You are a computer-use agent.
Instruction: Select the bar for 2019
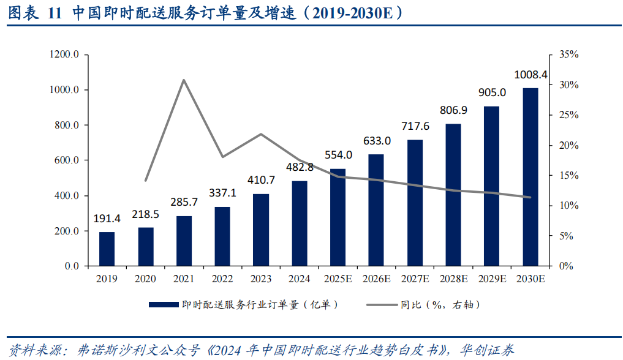107,249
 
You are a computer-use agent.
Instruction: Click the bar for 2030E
530,178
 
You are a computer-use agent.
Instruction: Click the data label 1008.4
530,75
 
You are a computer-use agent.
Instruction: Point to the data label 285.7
184,202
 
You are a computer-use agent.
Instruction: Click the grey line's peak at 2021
184,80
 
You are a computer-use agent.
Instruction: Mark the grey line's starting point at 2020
146,181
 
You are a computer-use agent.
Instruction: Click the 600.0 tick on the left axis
67,160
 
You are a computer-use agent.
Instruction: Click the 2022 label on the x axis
222,279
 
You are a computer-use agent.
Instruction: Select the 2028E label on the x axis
453,279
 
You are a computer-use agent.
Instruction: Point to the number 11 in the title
55,13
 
